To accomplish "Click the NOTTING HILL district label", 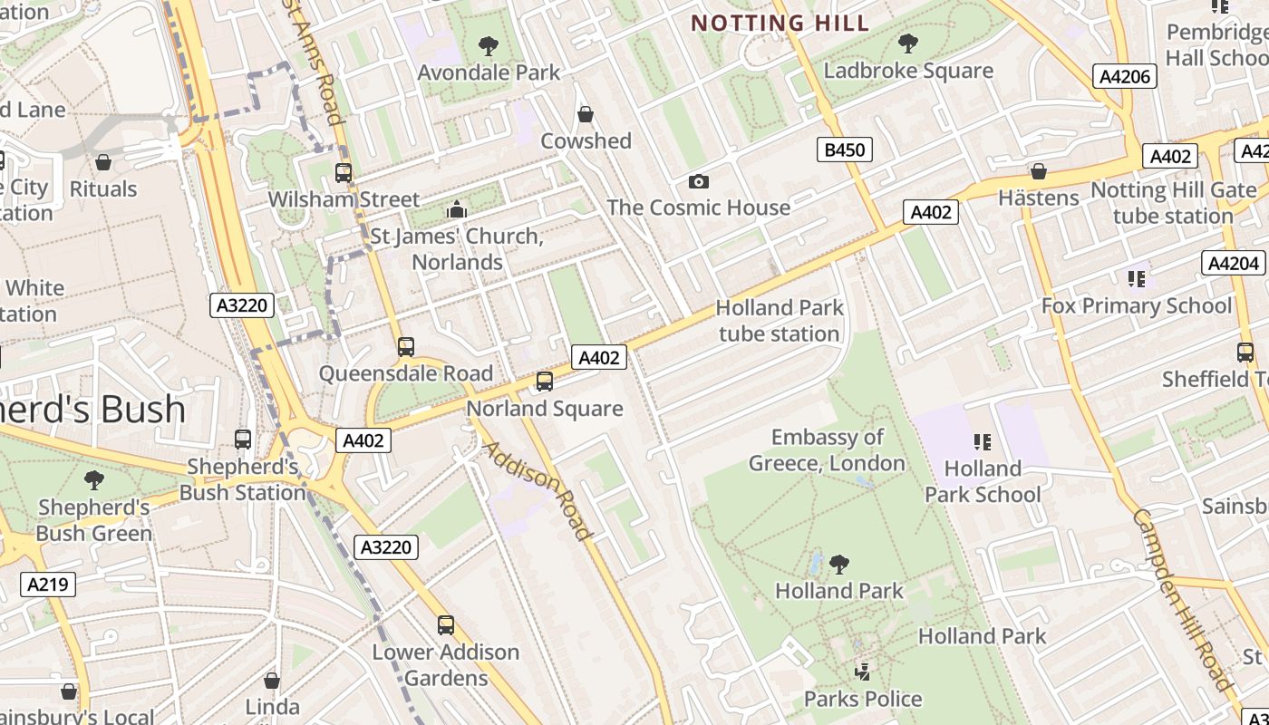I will [x=780, y=24].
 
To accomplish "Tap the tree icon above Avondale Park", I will [x=489, y=45].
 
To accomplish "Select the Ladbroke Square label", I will [x=908, y=71].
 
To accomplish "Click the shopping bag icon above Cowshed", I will [x=586, y=114].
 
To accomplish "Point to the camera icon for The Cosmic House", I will [x=698, y=181].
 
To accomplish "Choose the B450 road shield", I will [x=844, y=150].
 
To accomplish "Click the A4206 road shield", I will [x=1125, y=77].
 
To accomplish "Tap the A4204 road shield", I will [x=1234, y=264].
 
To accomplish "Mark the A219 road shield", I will [x=48, y=585].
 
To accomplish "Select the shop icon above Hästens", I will [x=1039, y=171].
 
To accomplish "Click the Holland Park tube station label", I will [x=780, y=321].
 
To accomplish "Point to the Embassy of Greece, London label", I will [x=827, y=450].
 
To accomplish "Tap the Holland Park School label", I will [x=983, y=481].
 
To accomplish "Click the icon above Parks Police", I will [x=863, y=672].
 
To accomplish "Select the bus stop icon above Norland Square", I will [x=545, y=382].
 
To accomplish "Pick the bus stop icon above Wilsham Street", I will [x=344, y=172].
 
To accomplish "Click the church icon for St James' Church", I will [x=456, y=210].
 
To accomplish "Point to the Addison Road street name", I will [x=538, y=489].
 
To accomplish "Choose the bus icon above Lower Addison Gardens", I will [x=446, y=624].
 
